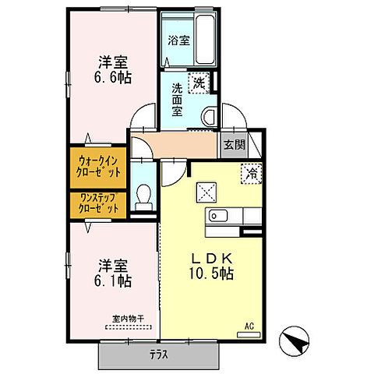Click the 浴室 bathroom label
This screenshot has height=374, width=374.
point(178,41)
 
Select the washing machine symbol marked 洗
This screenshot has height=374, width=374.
point(199,81)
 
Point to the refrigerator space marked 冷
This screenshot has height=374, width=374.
point(252,173)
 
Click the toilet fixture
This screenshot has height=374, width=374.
point(143,199)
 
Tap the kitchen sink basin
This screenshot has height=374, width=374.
point(217,216)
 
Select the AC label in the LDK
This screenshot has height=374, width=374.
point(249,326)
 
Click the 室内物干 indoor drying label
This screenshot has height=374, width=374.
point(129,317)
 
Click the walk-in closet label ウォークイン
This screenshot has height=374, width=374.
point(98,160)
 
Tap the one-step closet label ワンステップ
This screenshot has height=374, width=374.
point(98,200)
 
